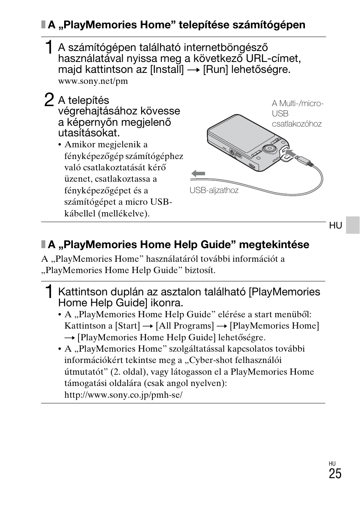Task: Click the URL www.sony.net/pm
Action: (x=93, y=81)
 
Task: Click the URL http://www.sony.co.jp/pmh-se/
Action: (x=123, y=395)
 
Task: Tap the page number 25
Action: (x=335, y=474)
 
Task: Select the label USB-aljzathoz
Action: (x=214, y=190)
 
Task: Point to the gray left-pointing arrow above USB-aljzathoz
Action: (x=198, y=174)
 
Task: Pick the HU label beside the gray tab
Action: (x=335, y=225)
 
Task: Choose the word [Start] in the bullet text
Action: (x=127, y=326)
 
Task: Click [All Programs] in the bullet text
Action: (x=185, y=326)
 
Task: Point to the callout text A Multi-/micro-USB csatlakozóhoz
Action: (x=297, y=114)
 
